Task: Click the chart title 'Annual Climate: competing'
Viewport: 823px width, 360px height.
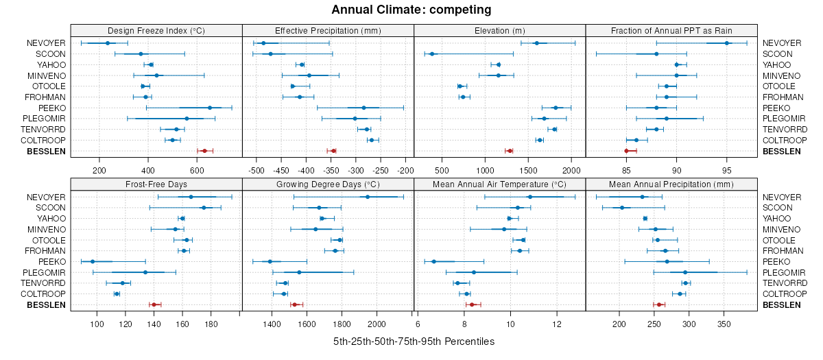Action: point(411,10)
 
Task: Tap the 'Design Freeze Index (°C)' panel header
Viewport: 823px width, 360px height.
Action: point(156,30)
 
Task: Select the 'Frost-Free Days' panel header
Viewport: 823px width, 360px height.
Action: point(156,184)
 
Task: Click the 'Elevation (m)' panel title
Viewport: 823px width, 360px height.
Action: point(499,30)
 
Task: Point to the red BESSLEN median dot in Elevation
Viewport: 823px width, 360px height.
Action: point(510,151)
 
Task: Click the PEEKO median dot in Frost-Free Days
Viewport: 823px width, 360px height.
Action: point(93,261)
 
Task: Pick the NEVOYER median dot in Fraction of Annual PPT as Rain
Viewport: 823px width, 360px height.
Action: point(727,43)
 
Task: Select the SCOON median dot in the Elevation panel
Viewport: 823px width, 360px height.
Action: point(432,54)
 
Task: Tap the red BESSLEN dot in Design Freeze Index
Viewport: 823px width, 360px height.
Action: point(204,151)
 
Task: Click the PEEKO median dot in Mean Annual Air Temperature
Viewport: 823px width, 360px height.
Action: point(434,261)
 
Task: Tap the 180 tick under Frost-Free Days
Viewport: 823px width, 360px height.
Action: point(211,324)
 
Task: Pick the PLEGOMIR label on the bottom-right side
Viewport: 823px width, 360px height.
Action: point(783,272)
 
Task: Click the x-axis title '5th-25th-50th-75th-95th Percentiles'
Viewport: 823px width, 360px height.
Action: point(414,341)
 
